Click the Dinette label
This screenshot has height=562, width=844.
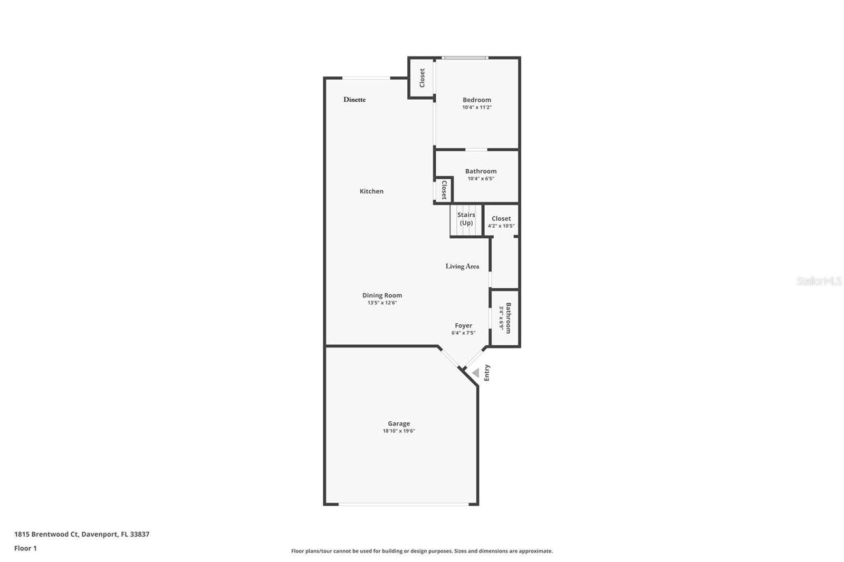tap(354, 100)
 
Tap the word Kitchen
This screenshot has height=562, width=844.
tap(371, 191)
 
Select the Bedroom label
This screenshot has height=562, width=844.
tap(477, 100)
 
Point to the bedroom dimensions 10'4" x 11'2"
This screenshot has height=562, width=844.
tap(477, 108)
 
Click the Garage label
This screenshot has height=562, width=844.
tap(399, 423)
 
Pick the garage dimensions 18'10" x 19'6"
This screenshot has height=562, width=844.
tap(399, 431)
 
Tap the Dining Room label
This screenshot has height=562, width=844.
tap(382, 295)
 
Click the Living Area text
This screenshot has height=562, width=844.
tap(462, 266)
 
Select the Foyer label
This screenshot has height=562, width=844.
tap(464, 325)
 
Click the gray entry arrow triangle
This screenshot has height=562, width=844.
tap(476, 373)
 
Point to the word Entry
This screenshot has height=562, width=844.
tap(487, 373)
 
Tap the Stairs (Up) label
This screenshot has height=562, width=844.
tap(466, 219)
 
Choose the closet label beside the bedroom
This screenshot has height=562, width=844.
tap(422, 78)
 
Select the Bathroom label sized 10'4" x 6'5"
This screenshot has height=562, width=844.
tap(481, 171)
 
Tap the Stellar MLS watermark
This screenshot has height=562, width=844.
tap(819, 281)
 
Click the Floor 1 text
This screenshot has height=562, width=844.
tap(25, 548)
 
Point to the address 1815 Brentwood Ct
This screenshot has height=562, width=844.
tap(82, 534)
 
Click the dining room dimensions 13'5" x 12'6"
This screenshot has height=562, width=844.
tap(382, 303)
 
